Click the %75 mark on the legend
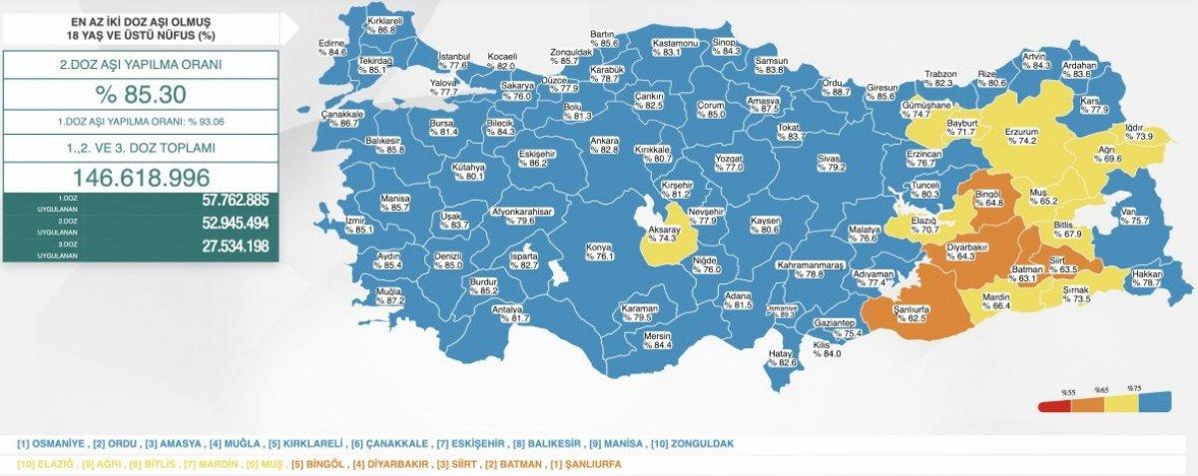point(1132,388)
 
